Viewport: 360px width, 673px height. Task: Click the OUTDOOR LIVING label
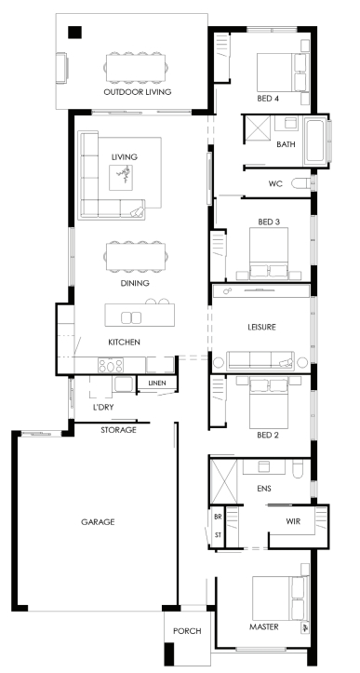138,92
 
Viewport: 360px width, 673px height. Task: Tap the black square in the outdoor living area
74,33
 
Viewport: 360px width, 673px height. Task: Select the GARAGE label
98,522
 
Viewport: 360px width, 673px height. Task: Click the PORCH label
187,631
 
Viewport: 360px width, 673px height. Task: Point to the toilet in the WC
301,183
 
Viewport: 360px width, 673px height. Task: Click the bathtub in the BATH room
315,141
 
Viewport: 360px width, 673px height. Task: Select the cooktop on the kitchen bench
111,365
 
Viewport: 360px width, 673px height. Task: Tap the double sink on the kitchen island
131,317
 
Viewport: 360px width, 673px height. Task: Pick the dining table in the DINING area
136,257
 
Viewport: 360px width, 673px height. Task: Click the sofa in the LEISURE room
260,360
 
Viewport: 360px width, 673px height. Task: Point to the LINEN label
157,383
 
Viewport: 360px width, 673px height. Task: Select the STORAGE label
118,430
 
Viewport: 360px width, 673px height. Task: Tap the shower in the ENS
223,481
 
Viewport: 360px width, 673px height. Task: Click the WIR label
293,522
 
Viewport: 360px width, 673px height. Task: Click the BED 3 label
269,222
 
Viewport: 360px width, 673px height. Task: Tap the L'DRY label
103,407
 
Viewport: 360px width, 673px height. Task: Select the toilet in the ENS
298,468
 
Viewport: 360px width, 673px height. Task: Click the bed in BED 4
282,72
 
